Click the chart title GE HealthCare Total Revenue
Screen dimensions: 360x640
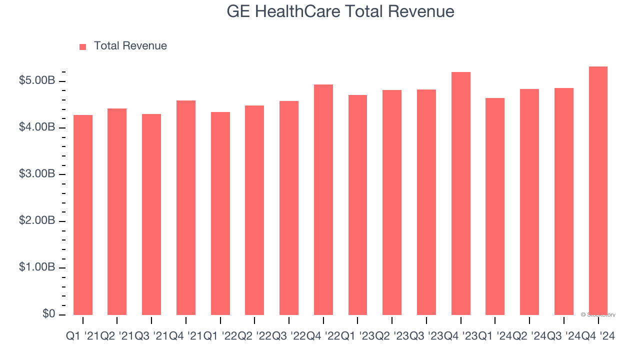point(340,11)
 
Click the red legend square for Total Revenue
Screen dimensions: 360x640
point(83,46)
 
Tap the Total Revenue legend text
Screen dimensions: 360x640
point(130,46)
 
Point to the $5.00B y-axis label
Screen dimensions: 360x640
point(37,80)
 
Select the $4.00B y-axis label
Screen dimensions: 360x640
point(37,127)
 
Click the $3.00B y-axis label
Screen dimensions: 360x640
point(37,174)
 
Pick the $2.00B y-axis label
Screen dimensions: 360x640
point(37,221)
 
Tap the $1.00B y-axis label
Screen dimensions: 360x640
point(37,267)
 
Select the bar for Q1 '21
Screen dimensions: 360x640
point(83,215)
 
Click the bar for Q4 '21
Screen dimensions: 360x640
point(186,207)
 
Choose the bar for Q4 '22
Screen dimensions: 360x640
point(323,200)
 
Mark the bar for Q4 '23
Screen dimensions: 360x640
point(460,193)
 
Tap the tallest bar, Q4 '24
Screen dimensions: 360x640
point(598,190)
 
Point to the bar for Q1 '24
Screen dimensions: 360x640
point(495,206)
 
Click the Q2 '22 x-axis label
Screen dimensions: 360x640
point(254,336)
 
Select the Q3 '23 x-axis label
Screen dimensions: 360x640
point(426,336)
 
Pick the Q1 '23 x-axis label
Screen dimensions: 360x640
point(357,336)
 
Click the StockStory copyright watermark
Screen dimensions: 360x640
point(598,315)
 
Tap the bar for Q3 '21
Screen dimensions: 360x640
point(151,215)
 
